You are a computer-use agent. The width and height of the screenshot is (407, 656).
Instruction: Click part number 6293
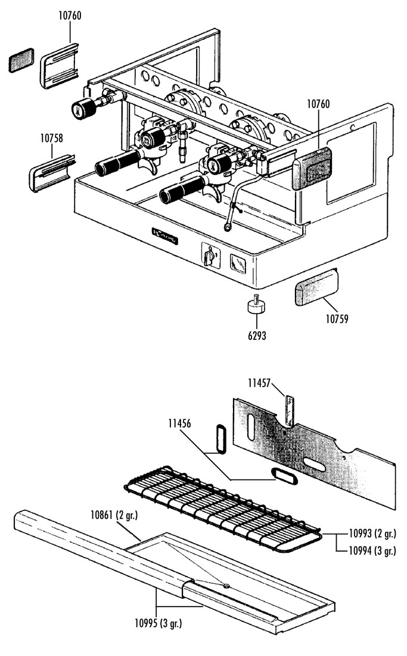(257, 335)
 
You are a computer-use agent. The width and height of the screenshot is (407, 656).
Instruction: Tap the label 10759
(337, 319)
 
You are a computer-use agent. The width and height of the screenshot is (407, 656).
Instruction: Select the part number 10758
(52, 138)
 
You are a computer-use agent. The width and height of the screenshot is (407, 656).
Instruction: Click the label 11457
(259, 383)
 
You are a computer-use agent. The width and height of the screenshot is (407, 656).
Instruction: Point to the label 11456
(179, 424)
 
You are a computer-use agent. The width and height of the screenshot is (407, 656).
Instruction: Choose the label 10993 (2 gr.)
(372, 534)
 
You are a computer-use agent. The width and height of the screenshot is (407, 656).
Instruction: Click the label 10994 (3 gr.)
(372, 550)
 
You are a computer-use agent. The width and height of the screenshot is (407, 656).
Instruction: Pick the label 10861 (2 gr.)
(114, 515)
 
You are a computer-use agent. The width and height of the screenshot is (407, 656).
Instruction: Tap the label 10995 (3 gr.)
(159, 623)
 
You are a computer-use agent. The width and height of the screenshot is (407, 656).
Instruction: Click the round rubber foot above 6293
(257, 305)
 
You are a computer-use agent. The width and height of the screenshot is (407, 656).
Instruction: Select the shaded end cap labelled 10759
(316, 288)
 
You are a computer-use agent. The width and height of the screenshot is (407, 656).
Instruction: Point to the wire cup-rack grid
(223, 509)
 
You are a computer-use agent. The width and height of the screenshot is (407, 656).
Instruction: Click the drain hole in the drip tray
(226, 586)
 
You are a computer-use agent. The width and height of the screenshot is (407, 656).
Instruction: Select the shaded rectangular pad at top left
(21, 60)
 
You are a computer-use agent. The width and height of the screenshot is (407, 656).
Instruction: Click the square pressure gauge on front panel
(238, 264)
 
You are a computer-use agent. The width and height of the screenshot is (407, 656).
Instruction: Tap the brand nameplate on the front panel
(165, 236)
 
